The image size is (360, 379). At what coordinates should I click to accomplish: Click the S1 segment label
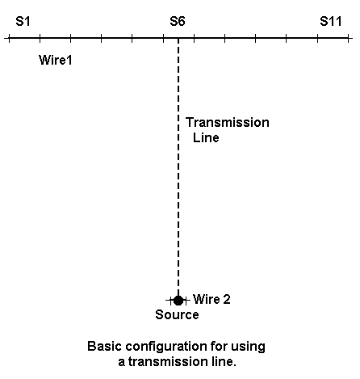point(23,21)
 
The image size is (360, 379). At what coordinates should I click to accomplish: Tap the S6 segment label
point(178,21)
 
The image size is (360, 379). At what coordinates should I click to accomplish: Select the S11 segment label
point(331,21)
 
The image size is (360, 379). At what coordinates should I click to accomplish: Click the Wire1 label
point(56,60)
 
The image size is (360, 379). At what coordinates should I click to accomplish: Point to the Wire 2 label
point(211,299)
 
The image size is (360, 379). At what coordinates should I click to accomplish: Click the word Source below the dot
point(177,314)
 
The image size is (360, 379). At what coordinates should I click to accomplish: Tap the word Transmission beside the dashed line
point(228,123)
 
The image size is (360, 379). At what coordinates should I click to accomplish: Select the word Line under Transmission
point(206,137)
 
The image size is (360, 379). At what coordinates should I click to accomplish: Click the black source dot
point(178,300)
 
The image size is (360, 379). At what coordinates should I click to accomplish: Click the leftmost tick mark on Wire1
point(9,38)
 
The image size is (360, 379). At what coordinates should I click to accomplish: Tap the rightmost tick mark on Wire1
point(349,38)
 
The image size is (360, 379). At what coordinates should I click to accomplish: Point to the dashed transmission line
point(178,167)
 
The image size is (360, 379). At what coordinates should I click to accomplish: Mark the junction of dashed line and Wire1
point(178,38)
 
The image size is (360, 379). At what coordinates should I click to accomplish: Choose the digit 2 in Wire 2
point(227,299)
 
